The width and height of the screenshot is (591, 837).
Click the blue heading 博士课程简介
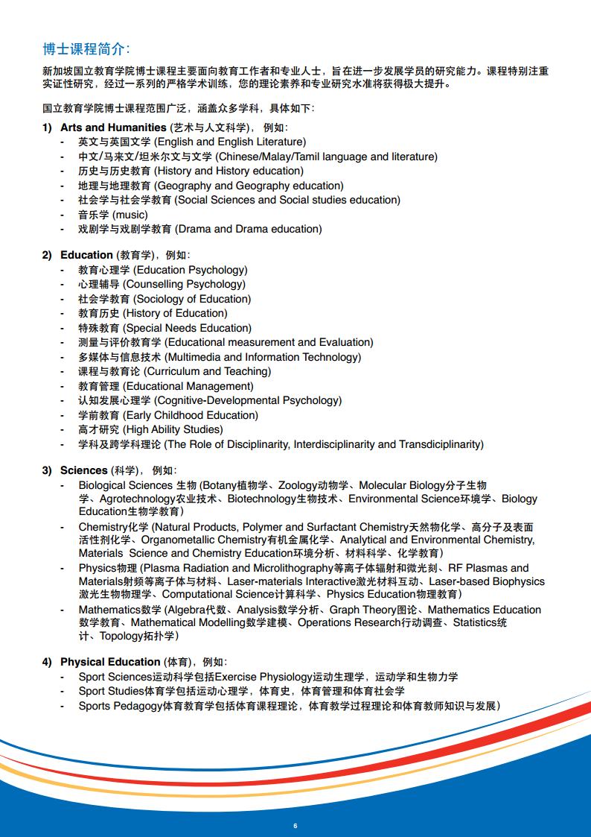coord(86,49)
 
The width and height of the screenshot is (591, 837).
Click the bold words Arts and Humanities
coord(113,127)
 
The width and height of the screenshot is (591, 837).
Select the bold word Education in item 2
coord(86,255)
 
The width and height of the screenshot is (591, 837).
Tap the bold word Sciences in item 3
coord(84,470)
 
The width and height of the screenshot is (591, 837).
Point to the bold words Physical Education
coord(110,662)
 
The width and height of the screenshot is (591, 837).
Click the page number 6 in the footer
coord(295,825)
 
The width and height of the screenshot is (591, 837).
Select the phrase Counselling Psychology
coord(184,284)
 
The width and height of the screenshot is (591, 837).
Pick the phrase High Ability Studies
coord(173,429)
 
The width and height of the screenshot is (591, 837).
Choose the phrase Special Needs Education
coord(187,328)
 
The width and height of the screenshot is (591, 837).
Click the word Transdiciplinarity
coord(439,444)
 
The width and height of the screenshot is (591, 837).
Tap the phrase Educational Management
coord(188,386)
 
